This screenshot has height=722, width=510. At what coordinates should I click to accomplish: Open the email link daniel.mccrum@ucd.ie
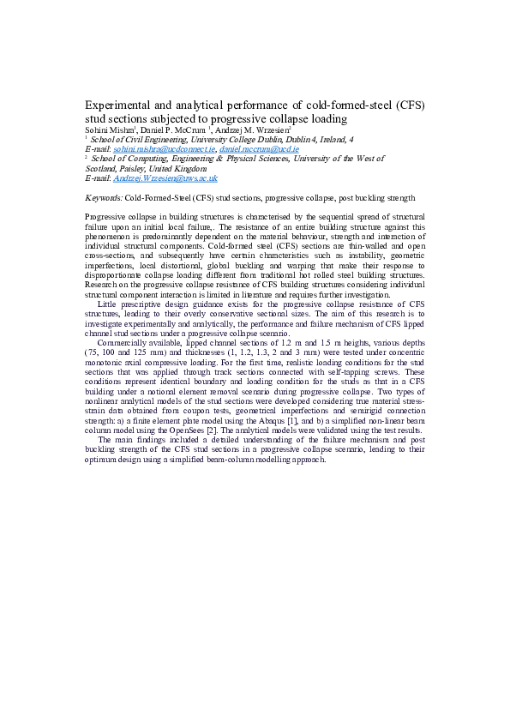point(259,148)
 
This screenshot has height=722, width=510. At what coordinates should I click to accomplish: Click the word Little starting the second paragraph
point(109,303)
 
